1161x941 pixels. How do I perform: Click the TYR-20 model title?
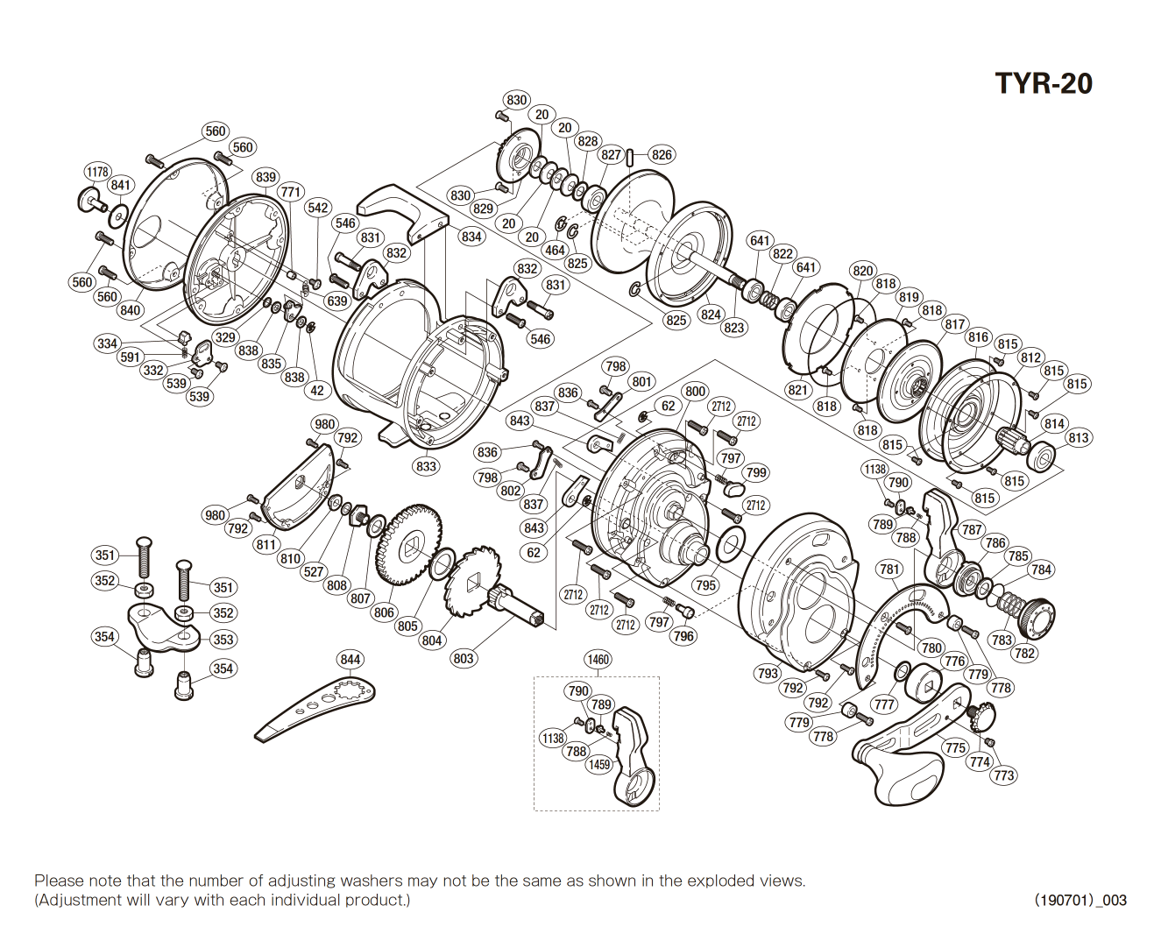coord(1044,83)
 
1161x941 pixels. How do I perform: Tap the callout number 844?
coord(350,659)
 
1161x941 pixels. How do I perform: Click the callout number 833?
coord(426,466)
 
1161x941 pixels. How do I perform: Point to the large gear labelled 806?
coord(408,543)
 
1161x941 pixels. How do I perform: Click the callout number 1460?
coord(598,659)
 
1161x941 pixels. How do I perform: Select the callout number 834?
coord(471,237)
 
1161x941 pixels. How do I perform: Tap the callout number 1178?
coord(97,172)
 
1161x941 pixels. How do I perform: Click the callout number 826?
coord(662,155)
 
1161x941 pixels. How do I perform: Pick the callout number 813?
coord(1078,438)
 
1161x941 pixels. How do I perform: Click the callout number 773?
coord(1004,775)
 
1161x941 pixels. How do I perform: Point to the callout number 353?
coord(223,640)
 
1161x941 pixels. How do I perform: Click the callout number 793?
coord(767,673)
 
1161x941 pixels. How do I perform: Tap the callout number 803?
coord(464,658)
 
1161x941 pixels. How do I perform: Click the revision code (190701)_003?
coord(1080,900)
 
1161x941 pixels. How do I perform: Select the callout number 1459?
coord(599,764)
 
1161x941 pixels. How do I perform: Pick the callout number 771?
coord(290,192)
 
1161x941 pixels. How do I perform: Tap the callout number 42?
coord(317,391)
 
